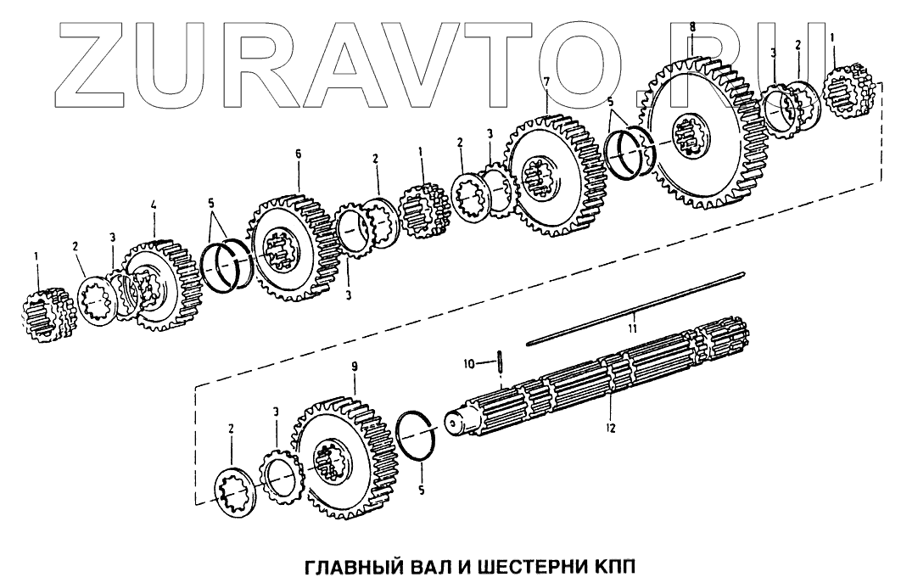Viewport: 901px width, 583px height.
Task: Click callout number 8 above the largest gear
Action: tap(692, 27)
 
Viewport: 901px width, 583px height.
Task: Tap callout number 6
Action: tap(299, 155)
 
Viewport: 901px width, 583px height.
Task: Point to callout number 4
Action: tap(154, 205)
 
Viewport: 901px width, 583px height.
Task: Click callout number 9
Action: tap(355, 366)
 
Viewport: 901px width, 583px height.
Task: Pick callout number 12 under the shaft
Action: tap(610, 429)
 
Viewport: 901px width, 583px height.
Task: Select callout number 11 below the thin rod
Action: tap(631, 325)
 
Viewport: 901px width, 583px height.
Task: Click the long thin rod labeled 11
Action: tap(636, 307)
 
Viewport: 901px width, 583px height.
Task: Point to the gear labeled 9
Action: tap(339, 458)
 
